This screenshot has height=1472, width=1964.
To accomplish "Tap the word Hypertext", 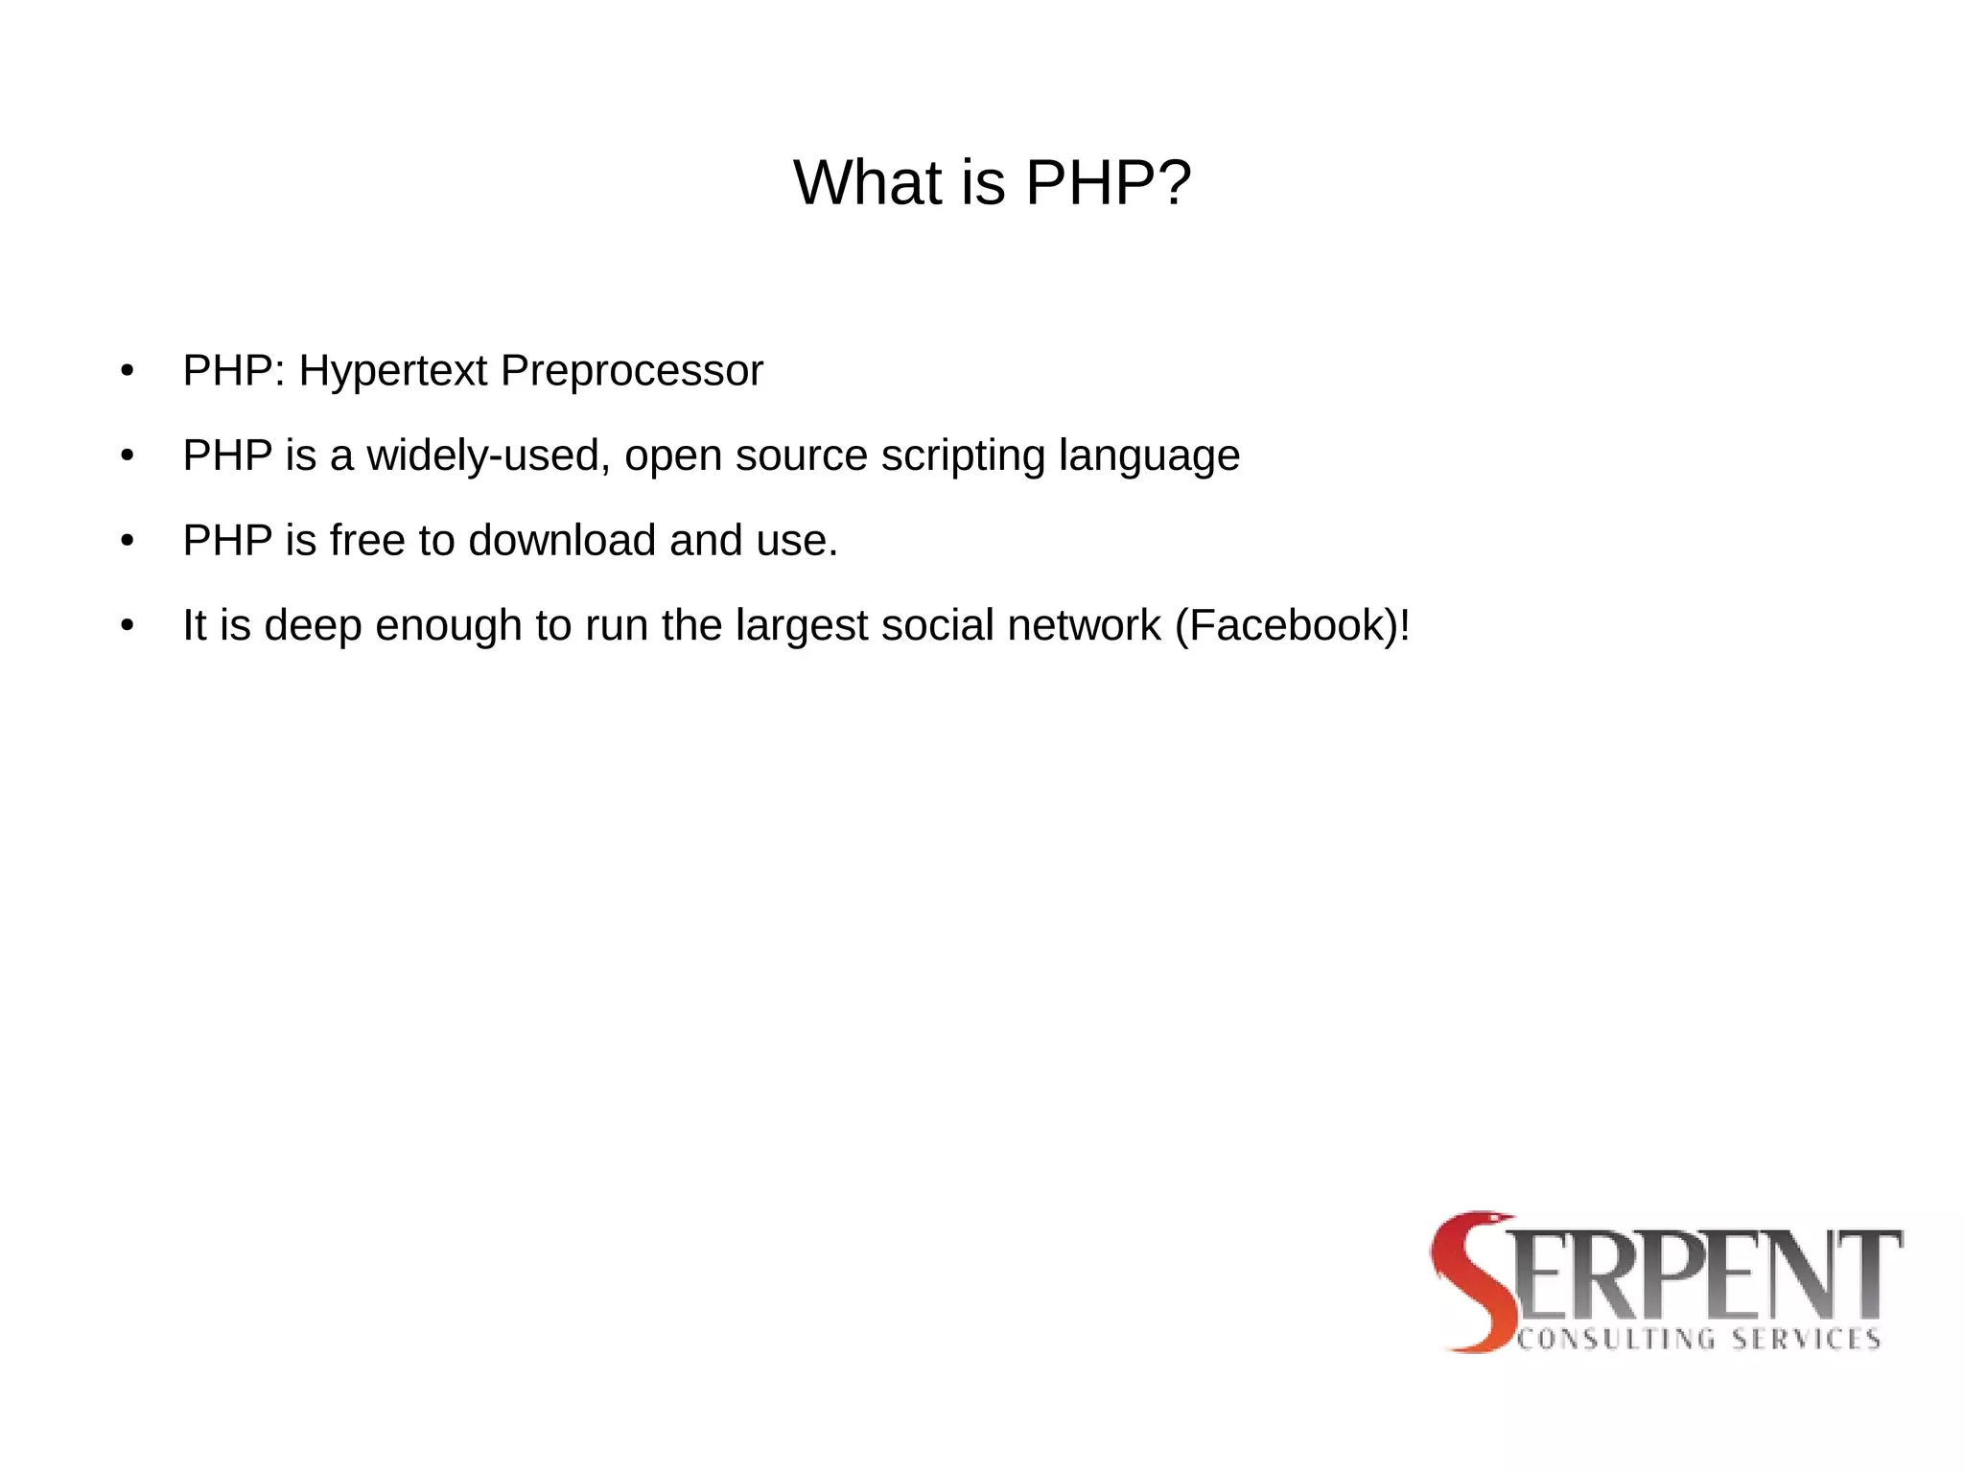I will (x=392, y=372).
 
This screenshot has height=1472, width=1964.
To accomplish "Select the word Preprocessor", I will (x=631, y=372).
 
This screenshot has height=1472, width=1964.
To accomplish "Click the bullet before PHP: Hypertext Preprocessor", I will (x=128, y=372).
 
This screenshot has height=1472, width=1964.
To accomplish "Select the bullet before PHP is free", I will (x=128, y=541).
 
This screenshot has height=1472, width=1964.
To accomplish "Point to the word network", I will (x=1084, y=626).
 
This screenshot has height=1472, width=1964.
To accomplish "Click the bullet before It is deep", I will (x=128, y=626).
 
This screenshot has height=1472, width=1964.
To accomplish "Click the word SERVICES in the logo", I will (x=1806, y=1340).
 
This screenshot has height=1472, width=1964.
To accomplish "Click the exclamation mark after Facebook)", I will (x=1405, y=626).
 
